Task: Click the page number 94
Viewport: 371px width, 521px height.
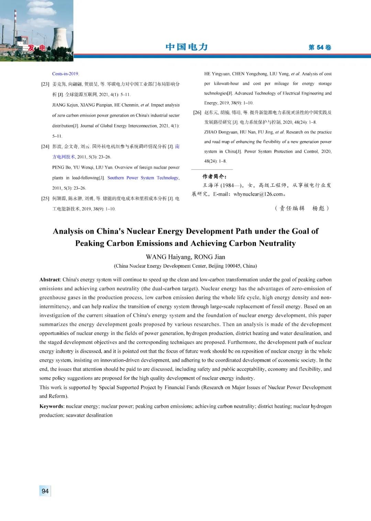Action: tap(45, 491)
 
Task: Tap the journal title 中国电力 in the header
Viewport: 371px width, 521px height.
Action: tap(187, 47)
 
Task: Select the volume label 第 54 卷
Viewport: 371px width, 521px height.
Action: tap(319, 47)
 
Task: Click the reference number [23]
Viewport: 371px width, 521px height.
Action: tap(45, 84)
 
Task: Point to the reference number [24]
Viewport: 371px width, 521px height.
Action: tap(45, 146)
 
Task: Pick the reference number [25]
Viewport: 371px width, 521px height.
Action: tap(45, 198)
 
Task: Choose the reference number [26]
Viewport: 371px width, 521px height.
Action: tap(197, 112)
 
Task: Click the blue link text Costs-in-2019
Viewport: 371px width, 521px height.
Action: tap(66, 74)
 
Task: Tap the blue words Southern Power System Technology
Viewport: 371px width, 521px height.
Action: tap(143, 178)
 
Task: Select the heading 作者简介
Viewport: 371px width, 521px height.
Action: tap(214, 176)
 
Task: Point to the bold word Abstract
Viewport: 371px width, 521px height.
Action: tap(50, 280)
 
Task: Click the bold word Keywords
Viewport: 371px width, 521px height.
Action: tap(52, 406)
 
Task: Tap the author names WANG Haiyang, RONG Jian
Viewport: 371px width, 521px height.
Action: tap(185, 257)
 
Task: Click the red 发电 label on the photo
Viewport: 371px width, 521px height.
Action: tap(37, 48)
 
